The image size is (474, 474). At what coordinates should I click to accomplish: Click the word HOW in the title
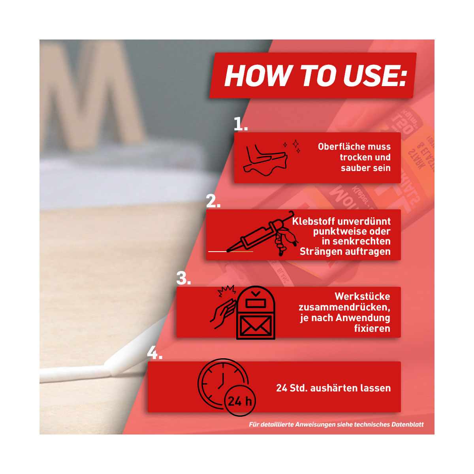point(258,76)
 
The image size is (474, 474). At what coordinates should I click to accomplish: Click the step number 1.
point(240,124)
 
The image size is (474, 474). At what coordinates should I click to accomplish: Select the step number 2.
point(213,201)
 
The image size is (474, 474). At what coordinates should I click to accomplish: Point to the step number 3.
point(184,278)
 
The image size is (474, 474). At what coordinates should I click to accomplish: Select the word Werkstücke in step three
point(362,296)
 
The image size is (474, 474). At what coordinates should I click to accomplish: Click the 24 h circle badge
point(240,401)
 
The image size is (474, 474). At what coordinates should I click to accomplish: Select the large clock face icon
point(223,384)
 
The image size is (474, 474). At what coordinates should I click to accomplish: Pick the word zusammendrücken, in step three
point(344,307)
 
